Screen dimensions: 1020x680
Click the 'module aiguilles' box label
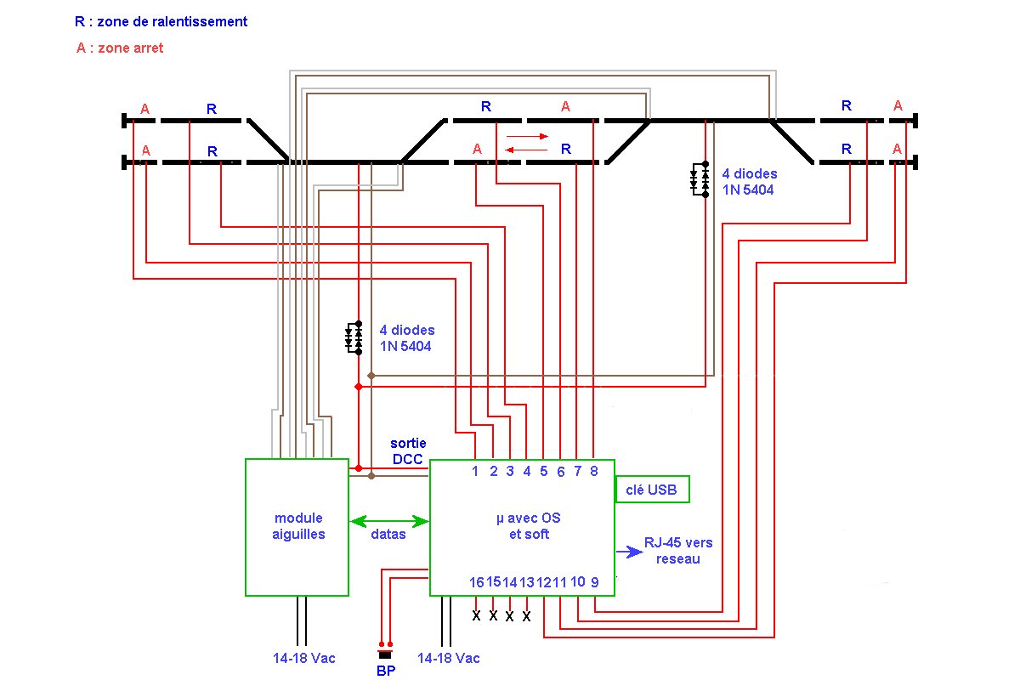(x=298, y=525)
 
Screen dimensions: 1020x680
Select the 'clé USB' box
(x=652, y=489)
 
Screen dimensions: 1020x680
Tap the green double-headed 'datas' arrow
(x=389, y=521)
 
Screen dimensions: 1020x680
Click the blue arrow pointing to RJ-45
(x=629, y=552)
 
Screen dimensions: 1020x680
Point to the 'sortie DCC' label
(x=408, y=450)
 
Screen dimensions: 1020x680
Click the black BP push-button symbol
(x=385, y=655)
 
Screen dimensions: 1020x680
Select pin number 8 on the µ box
(x=594, y=471)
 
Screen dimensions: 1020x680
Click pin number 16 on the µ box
(x=476, y=582)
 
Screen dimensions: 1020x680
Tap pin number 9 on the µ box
(x=595, y=582)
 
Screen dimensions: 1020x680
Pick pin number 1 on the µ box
(x=475, y=471)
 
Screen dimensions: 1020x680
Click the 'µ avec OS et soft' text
(x=529, y=525)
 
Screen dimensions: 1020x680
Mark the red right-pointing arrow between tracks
(x=527, y=136)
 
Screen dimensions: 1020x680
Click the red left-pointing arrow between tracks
(x=526, y=150)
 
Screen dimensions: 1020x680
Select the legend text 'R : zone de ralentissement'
(x=161, y=21)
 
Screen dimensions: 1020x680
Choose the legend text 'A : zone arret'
(x=120, y=48)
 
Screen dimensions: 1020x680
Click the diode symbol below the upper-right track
(x=700, y=179)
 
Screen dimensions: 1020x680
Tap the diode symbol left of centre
(x=354, y=337)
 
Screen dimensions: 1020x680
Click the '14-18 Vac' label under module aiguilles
(x=303, y=658)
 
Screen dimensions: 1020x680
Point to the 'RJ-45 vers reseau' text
(x=678, y=551)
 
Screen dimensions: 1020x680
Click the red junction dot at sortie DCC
(x=359, y=468)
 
